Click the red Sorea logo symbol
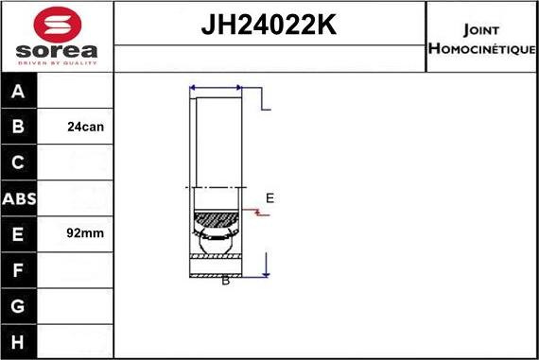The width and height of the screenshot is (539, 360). tap(56, 23)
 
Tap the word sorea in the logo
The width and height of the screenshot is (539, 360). tap(56, 51)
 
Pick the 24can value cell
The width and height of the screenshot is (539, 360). tap(86, 127)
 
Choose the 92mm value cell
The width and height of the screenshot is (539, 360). tap(86, 232)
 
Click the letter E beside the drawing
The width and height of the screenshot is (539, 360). tap(269, 198)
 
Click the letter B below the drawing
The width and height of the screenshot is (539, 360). tap(225, 281)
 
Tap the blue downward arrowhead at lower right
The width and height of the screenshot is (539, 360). tap(268, 273)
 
